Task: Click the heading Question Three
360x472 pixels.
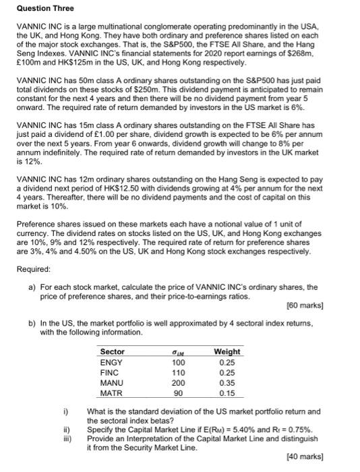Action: tap(45, 8)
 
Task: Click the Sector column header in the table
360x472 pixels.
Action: tap(112, 351)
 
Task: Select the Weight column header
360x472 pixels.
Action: tap(227, 351)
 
